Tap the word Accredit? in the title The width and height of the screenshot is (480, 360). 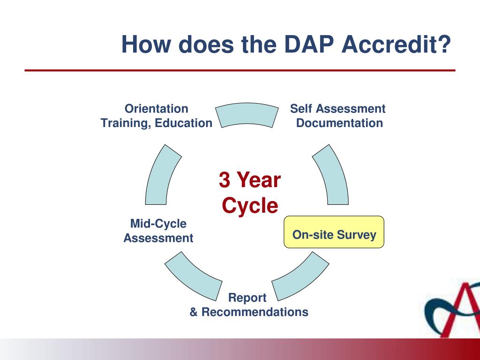[396, 45]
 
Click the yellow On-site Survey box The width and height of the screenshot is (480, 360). [334, 232]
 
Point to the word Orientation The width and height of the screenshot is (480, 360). [157, 109]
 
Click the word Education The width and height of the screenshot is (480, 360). [184, 123]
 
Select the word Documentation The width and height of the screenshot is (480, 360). [339, 123]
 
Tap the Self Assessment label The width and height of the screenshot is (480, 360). [337, 109]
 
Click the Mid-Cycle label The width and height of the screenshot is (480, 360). [158, 224]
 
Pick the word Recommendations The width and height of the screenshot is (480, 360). [255, 312]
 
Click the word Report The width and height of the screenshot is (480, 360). [247, 298]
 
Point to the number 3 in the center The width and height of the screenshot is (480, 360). [225, 180]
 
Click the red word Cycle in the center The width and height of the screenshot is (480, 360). [250, 205]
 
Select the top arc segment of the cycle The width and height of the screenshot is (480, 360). [247, 114]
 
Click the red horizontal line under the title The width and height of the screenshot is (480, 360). [240, 70]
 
